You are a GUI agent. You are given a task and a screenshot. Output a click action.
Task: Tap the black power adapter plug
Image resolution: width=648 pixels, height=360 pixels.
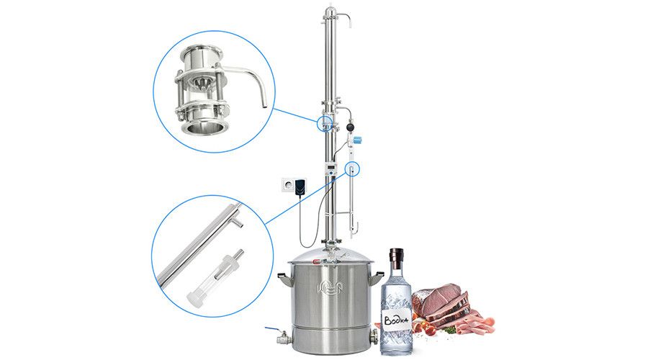pyautogui.click(x=300, y=186)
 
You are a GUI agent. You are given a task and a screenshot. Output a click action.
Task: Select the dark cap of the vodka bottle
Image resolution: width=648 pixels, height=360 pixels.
pyautogui.click(x=396, y=258)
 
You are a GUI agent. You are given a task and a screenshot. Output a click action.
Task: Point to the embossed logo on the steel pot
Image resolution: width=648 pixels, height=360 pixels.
pyautogui.click(x=330, y=285)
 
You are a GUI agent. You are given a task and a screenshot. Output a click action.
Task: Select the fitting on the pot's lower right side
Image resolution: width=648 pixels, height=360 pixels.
pyautogui.click(x=374, y=336)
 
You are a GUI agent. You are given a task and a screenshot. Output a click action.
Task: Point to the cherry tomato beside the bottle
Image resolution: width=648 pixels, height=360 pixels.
pyautogui.click(x=431, y=330)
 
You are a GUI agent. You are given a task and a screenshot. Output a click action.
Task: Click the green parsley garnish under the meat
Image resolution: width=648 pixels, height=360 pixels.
pyautogui.click(x=451, y=330)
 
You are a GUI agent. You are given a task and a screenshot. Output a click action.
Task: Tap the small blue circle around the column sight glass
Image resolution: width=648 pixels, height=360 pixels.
pyautogui.click(x=325, y=122)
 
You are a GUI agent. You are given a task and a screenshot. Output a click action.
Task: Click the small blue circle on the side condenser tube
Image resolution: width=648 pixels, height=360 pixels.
pyautogui.click(x=352, y=169)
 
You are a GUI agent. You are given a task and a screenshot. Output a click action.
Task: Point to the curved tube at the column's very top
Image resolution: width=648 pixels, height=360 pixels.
pyautogui.click(x=343, y=18)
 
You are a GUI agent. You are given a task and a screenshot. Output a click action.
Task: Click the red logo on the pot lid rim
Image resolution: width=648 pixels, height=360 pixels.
pyautogui.click(x=318, y=261)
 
